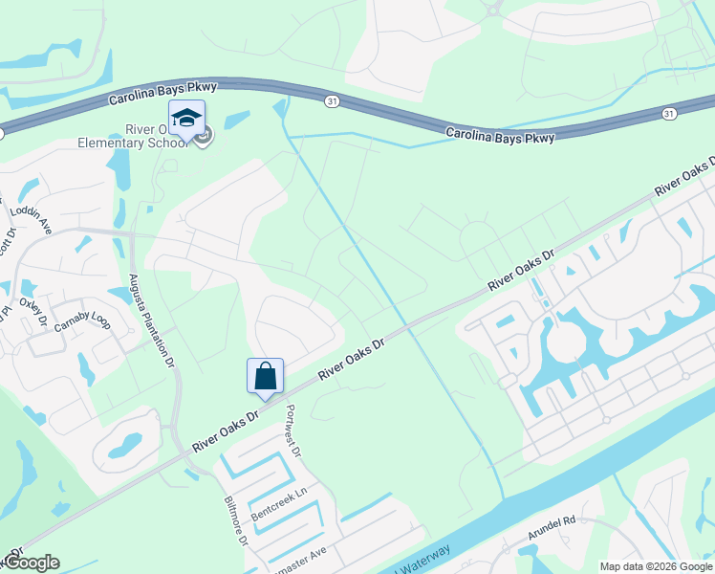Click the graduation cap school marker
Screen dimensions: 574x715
tap(186, 118)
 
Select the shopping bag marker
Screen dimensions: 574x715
tap(265, 376)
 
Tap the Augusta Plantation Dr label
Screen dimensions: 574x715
tap(151, 320)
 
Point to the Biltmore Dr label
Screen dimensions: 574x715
tap(236, 521)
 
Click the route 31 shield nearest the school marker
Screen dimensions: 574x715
tap(330, 99)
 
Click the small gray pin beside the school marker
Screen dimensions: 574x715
tap(203, 137)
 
